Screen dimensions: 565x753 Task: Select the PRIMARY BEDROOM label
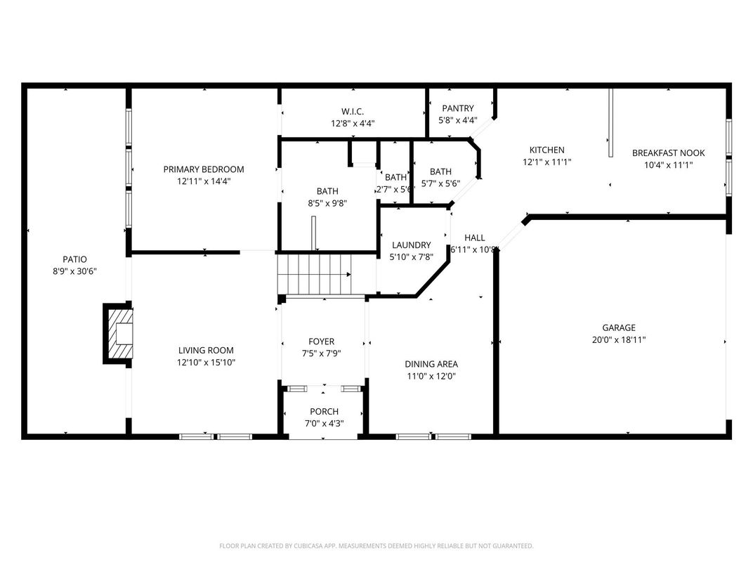click(204, 169)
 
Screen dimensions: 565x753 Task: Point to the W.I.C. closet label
click(353, 111)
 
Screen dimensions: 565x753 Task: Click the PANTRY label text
click(457, 108)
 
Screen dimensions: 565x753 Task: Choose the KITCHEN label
click(546, 150)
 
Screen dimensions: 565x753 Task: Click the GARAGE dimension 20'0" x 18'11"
click(618, 339)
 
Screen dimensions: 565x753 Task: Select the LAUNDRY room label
click(411, 245)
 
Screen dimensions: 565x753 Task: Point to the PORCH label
click(324, 411)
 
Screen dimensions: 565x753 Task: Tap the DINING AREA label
click(431, 364)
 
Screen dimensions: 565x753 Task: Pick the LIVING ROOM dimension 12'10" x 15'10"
click(206, 363)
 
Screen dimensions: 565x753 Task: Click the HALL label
click(474, 238)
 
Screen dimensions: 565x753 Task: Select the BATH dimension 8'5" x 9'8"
click(327, 203)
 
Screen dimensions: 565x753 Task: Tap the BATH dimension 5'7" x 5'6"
click(440, 183)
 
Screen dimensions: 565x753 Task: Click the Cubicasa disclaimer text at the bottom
click(376, 546)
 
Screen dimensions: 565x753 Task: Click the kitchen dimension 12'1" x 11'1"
click(546, 162)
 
